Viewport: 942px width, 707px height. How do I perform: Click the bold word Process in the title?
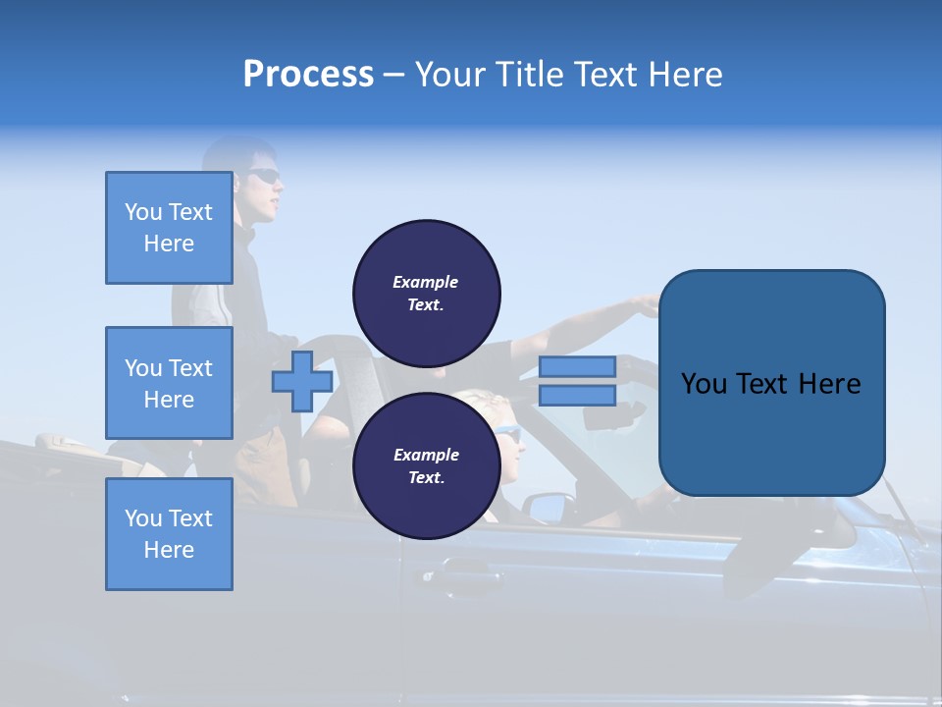click(x=308, y=75)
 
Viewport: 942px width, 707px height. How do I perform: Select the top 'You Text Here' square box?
click(x=169, y=228)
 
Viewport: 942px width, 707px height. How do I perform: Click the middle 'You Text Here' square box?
click(x=169, y=383)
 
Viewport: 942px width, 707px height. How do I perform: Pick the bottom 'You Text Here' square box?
click(x=169, y=534)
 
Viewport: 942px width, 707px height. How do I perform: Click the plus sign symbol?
click(x=302, y=381)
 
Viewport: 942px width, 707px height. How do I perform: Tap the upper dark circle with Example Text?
click(x=427, y=293)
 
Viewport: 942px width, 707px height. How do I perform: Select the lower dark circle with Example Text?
click(x=427, y=465)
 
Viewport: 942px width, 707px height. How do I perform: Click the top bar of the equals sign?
click(x=577, y=366)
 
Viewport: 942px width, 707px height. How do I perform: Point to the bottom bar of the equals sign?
click(x=577, y=395)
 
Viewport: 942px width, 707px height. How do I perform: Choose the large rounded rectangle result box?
click(x=771, y=383)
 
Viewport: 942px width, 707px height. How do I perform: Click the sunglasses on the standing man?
click(x=263, y=176)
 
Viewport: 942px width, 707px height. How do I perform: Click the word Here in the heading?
click(x=683, y=75)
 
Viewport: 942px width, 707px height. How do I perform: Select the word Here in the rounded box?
click(x=829, y=384)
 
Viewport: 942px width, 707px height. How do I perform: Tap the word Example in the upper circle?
click(x=426, y=282)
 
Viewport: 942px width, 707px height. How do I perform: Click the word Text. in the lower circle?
click(x=426, y=477)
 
